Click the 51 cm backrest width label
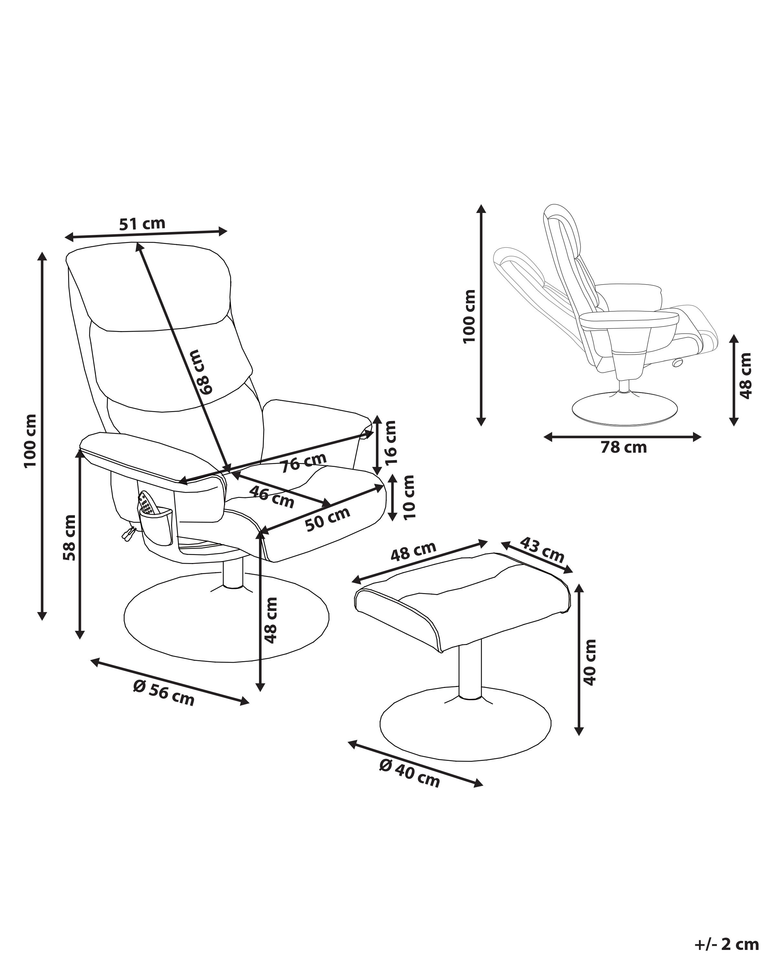142,223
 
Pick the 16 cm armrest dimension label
390,442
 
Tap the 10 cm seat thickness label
408,497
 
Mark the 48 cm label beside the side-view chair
746,375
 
